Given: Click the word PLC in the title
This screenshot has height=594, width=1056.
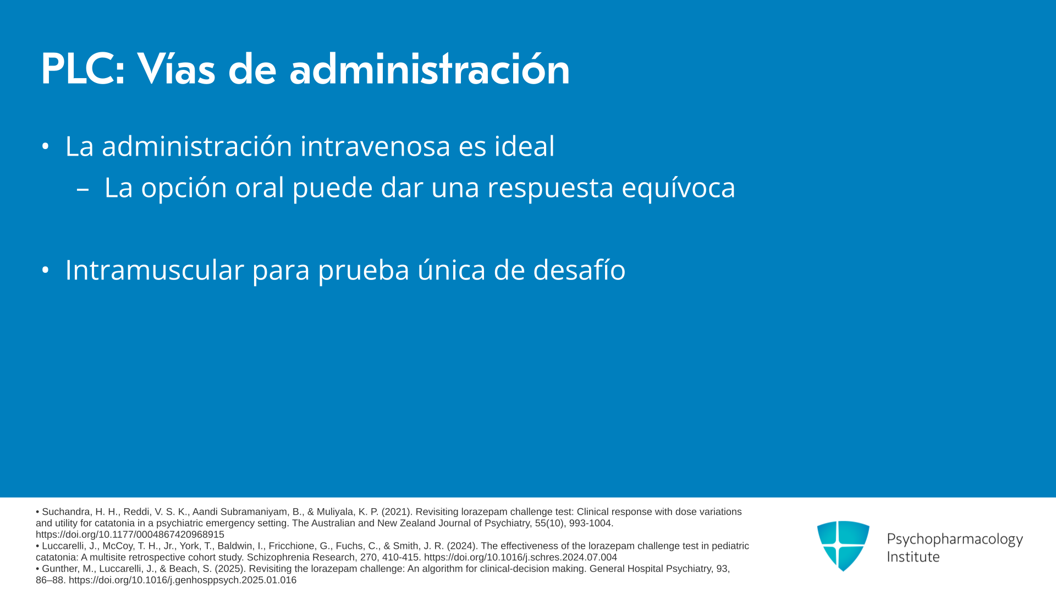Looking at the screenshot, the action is click(83, 69).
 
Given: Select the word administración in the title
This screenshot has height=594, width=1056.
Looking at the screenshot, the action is click(430, 69).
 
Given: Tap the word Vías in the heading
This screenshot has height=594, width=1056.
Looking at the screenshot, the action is click(176, 69).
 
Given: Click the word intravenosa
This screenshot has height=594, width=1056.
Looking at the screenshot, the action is click(375, 146).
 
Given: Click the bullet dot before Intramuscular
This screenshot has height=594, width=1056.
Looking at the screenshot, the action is click(46, 270).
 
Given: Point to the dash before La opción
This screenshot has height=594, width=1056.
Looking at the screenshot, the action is click(82, 189).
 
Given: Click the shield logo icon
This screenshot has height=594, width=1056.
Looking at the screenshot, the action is click(843, 546).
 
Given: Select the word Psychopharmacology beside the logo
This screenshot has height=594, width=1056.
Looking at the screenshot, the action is click(955, 539).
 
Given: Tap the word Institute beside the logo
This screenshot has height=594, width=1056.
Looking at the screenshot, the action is click(913, 557).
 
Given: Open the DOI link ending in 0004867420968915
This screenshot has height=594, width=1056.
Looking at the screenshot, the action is click(130, 535).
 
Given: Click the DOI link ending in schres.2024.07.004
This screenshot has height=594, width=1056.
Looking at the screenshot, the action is click(520, 558).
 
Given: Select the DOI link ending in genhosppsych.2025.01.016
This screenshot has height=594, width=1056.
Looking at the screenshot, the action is click(183, 580).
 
